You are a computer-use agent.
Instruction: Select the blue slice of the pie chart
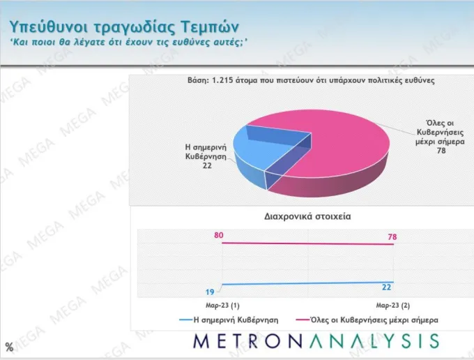[257, 151]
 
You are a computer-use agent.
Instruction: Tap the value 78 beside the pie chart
[441, 151]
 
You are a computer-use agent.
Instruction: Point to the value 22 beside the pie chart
[207, 165]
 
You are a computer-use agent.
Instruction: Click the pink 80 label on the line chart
[219, 235]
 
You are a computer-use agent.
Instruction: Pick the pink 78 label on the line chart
[392, 237]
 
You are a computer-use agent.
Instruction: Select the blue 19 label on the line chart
[210, 292]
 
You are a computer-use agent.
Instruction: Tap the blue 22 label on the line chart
[387, 287]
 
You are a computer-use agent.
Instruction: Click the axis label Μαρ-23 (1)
[222, 306]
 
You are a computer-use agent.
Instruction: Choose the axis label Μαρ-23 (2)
[392, 306]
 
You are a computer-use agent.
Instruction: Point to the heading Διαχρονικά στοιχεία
[307, 216]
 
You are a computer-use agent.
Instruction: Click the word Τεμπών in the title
[210, 27]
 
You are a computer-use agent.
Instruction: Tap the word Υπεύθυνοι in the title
[48, 27]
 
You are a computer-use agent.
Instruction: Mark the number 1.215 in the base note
[222, 80]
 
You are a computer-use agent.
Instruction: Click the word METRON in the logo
[248, 341]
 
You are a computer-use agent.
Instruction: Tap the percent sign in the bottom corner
[9, 347]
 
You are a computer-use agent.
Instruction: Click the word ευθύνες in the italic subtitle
[190, 42]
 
